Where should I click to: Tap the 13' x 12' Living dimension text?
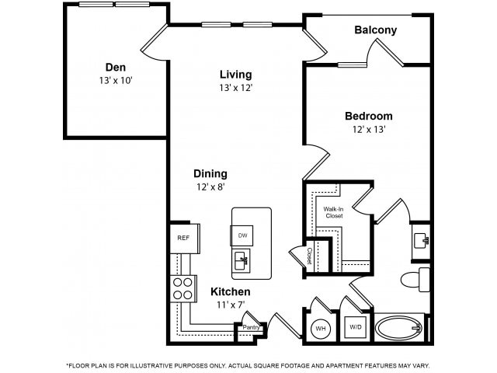[235, 88]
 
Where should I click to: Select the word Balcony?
[375, 30]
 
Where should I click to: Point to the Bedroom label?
[368, 116]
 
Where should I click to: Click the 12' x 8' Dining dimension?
[211, 187]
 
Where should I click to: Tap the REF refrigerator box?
[183, 238]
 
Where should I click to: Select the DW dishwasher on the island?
[242, 235]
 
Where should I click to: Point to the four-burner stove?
[182, 288]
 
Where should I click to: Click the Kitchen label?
[231, 292]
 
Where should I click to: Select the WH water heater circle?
[319, 328]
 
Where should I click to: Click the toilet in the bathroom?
[415, 278]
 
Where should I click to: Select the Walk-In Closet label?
[333, 211]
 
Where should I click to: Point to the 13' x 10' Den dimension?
[116, 80]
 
